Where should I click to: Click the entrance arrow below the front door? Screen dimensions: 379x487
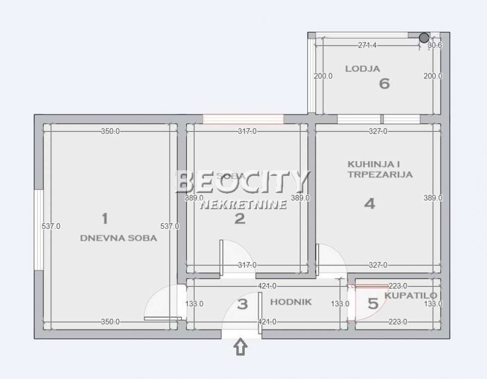pyautogui.click(x=241, y=348)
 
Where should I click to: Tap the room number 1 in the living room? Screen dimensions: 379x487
pyautogui.click(x=104, y=219)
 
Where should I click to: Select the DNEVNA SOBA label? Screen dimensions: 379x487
pyautogui.click(x=119, y=238)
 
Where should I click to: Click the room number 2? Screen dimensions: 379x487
pyautogui.click(x=240, y=219)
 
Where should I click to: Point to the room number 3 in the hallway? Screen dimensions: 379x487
pyautogui.click(x=243, y=304)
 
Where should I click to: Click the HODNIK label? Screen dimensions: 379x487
pyautogui.click(x=291, y=302)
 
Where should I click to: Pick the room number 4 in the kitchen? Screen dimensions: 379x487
pyautogui.click(x=370, y=204)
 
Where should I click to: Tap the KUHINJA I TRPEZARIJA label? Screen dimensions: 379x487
pyautogui.click(x=380, y=169)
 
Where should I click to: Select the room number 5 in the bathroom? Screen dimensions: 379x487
pyautogui.click(x=373, y=304)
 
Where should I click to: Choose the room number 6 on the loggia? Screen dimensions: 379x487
pyautogui.click(x=384, y=83)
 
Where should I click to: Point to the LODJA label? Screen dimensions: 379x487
pyautogui.click(x=362, y=69)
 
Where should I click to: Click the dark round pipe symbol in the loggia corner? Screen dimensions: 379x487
pyautogui.click(x=424, y=37)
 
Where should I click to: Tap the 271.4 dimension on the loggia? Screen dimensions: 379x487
pyautogui.click(x=367, y=45)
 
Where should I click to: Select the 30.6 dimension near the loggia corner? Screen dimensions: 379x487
pyautogui.click(x=435, y=45)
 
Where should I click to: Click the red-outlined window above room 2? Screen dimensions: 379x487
pyautogui.click(x=243, y=119)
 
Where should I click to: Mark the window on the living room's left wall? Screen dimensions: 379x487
pyautogui.click(x=38, y=230)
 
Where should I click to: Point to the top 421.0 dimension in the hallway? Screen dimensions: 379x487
pyautogui.click(x=267, y=286)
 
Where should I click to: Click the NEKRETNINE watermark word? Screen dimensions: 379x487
pyautogui.click(x=244, y=204)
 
